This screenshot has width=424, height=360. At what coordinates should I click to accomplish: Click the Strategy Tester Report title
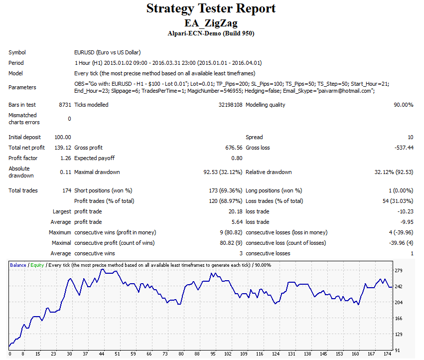coord(211,8)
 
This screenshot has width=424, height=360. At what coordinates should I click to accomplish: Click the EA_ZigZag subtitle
coord(211,23)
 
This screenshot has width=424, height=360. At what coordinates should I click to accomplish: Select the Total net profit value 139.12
coord(63,148)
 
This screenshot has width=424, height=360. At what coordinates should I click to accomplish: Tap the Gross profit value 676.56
coord(234,148)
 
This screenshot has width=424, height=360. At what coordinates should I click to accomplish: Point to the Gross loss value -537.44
coord(404,148)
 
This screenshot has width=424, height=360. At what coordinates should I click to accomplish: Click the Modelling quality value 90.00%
coord(404,105)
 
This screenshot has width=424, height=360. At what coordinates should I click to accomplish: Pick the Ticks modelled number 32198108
coord(230,105)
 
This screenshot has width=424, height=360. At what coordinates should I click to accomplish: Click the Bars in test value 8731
coord(65,105)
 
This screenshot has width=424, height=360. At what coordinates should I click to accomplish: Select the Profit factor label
coord(23,158)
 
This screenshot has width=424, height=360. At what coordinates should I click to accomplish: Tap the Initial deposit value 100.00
coord(63,137)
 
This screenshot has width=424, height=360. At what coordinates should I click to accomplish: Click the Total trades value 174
coord(67,190)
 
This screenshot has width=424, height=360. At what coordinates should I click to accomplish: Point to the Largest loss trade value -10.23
coord(406,212)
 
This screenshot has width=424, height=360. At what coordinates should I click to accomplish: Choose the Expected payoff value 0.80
coord(237,158)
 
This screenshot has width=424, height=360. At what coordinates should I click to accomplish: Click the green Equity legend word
coord(37,265)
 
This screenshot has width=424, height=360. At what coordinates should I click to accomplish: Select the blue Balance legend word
coord(18,265)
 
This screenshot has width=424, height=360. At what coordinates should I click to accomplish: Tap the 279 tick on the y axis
coord(399,270)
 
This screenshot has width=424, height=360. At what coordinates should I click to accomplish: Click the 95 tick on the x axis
coord(213,354)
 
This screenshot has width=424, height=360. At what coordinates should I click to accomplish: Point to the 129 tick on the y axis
coord(399,334)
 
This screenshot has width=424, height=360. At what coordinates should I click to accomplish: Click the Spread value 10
coord(411,137)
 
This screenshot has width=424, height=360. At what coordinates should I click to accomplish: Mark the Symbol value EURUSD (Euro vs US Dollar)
coord(108,52)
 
